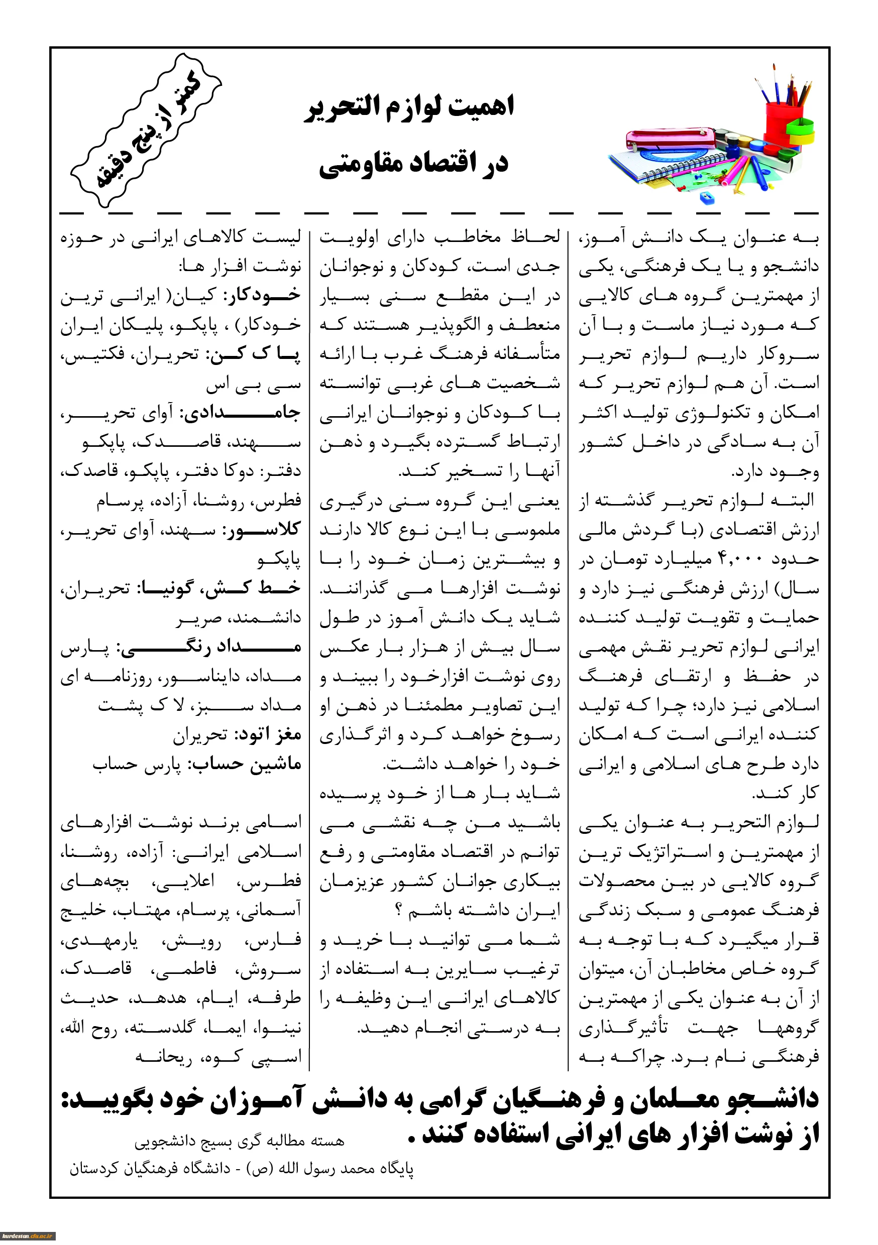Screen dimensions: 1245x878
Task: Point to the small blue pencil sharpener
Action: (706, 197)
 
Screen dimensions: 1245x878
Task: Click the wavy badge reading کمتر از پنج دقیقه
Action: (146, 130)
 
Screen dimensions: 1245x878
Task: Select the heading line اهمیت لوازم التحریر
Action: (408, 106)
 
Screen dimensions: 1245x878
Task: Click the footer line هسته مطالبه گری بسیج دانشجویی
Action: (239, 1141)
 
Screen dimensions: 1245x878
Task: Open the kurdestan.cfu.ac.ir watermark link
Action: (28, 1236)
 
